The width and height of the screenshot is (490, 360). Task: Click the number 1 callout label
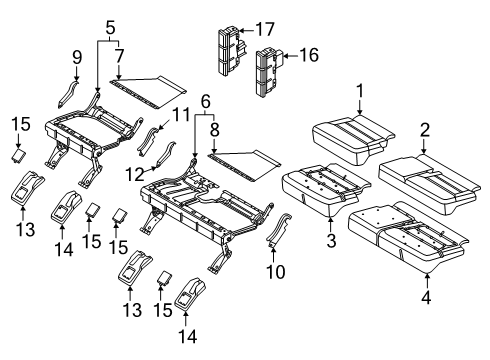tap(358, 94)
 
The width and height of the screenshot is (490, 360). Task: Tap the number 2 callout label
tap(424, 129)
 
